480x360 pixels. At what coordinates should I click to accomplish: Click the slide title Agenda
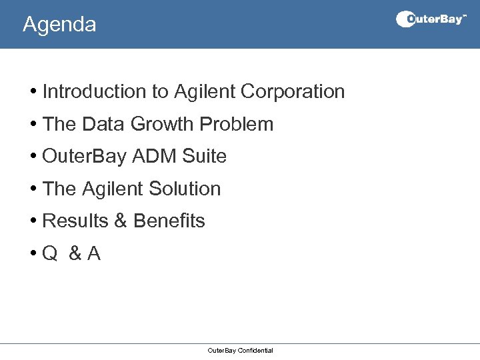(59, 25)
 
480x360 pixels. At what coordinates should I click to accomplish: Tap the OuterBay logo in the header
(431, 19)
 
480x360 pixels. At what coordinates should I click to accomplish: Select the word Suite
(205, 156)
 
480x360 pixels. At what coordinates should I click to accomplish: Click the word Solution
(185, 189)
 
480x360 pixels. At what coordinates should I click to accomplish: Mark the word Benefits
(169, 221)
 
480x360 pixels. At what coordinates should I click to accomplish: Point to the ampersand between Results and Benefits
(120, 221)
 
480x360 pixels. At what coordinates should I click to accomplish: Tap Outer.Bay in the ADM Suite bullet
(85, 156)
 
